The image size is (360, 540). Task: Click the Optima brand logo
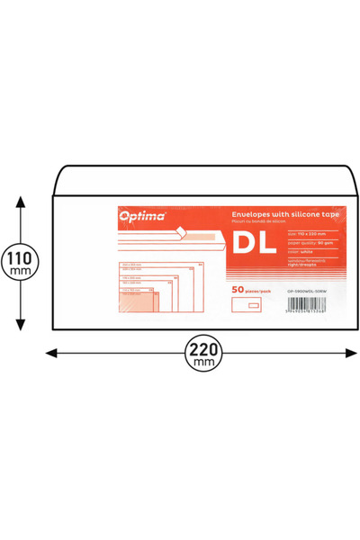click(140, 216)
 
